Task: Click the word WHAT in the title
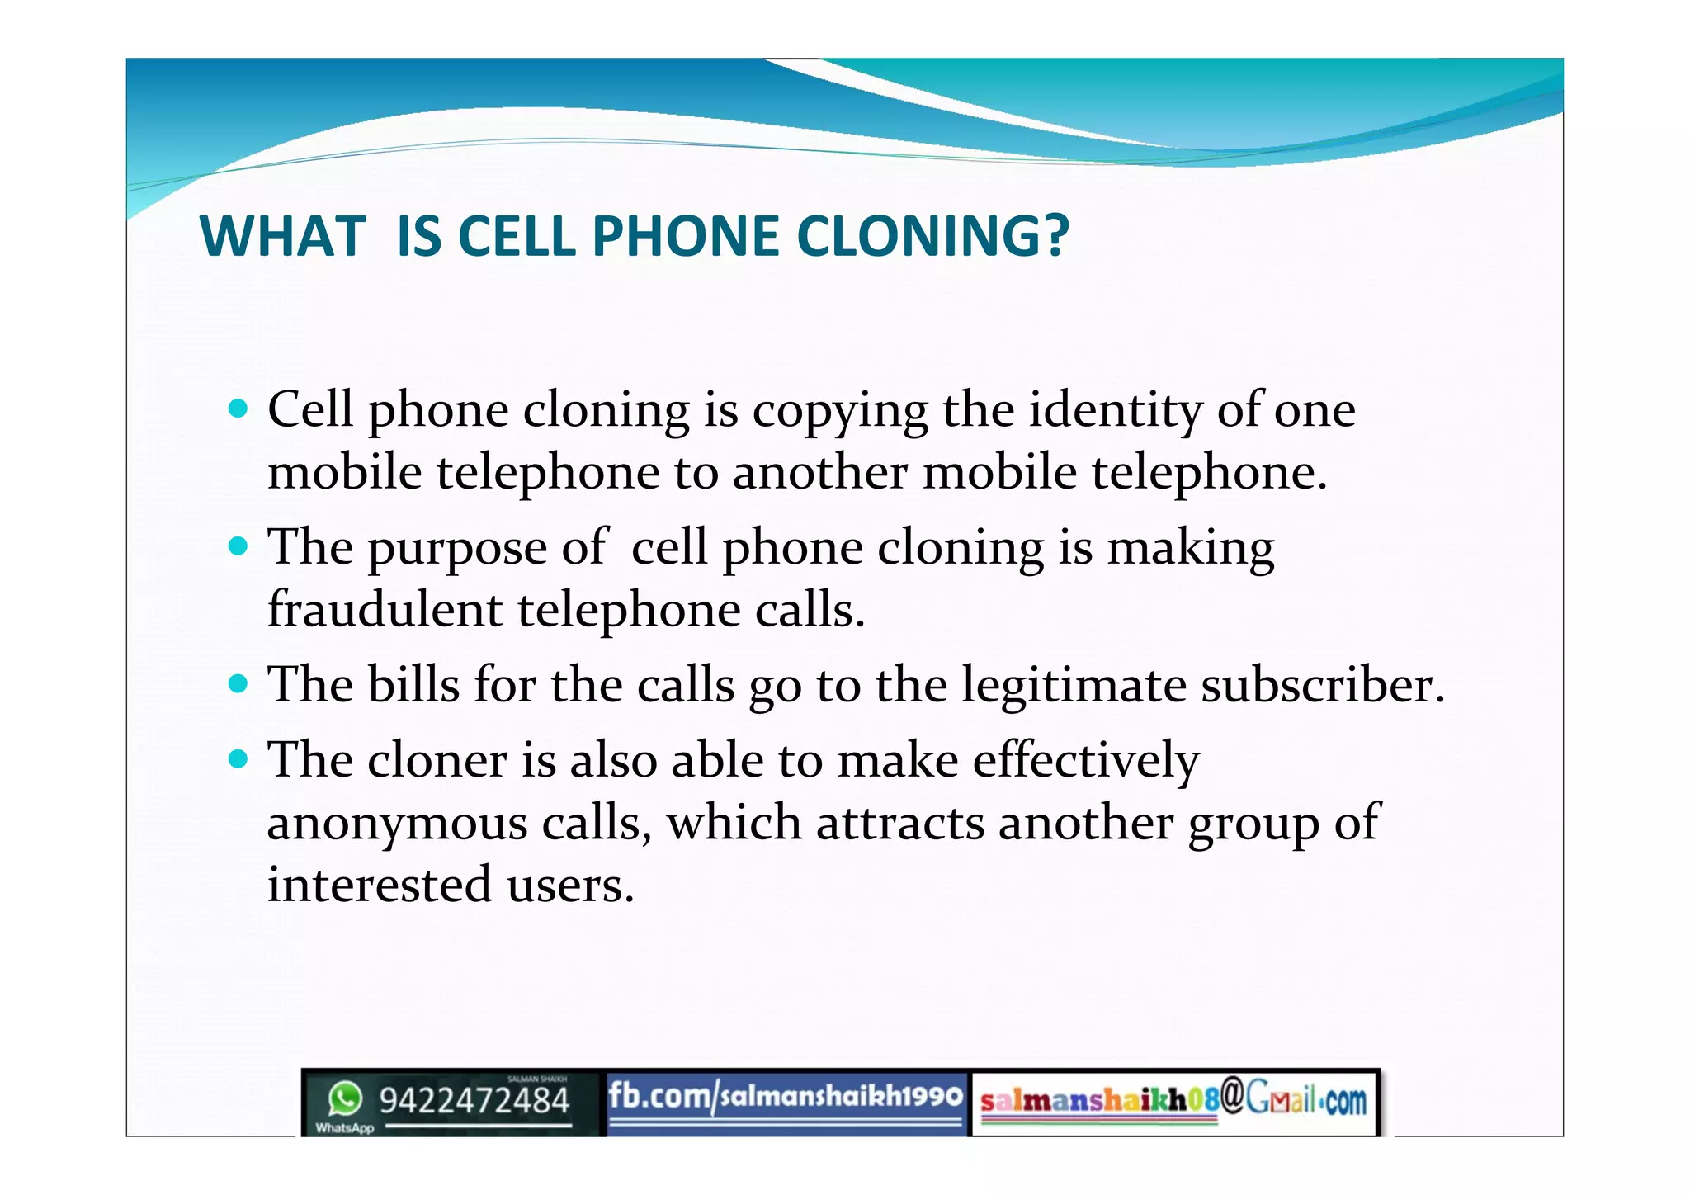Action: click(283, 237)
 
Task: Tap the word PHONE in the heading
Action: click(685, 237)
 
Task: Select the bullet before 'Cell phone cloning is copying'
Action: click(238, 408)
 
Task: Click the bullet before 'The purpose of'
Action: click(238, 546)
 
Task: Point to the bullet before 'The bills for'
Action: click(238, 683)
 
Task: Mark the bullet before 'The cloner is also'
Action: click(238, 758)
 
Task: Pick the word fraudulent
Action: click(385, 610)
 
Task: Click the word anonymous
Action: click(397, 824)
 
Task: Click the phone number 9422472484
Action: click(474, 1101)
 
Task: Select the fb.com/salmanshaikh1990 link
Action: click(785, 1097)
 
